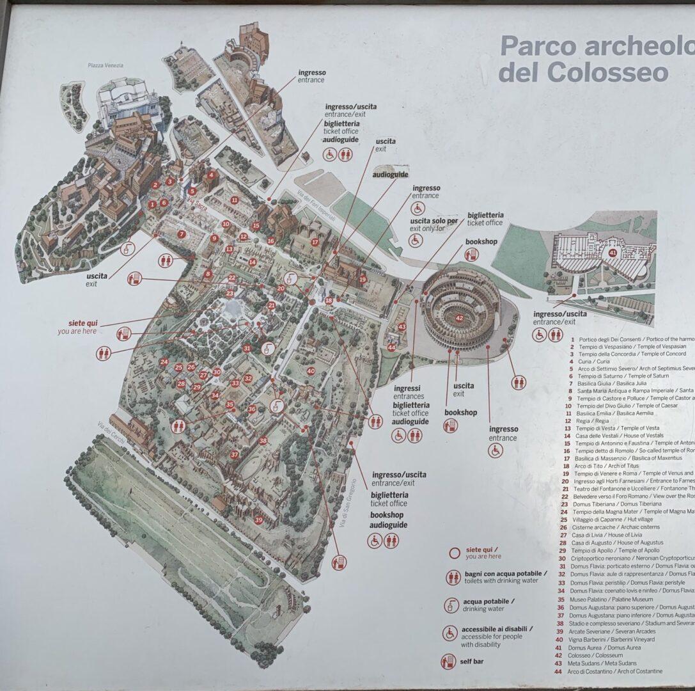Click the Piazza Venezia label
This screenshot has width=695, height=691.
coord(105,65)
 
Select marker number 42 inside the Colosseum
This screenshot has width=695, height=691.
coord(459,318)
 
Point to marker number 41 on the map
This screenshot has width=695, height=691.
coord(613,253)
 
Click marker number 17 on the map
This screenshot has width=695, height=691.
coord(315,242)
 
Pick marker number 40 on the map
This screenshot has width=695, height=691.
coord(311,370)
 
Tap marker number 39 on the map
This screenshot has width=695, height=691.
coord(258,520)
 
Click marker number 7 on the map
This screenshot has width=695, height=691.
coord(182,234)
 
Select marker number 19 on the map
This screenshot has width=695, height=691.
coord(363,279)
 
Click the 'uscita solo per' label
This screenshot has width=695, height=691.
coord(434,221)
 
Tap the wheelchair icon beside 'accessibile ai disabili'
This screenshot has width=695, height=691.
coord(449,633)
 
